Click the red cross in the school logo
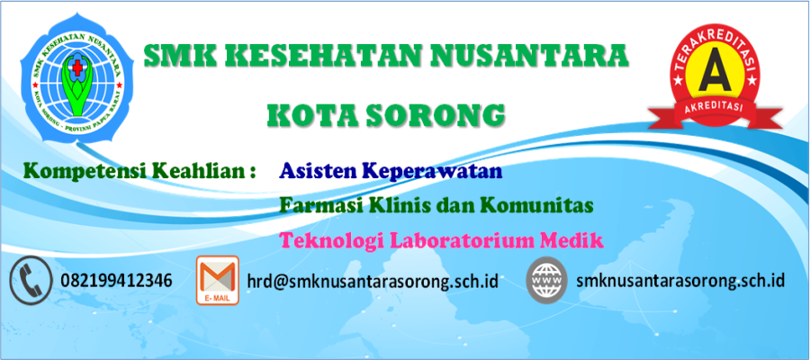(76, 68)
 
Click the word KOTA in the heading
(311, 116)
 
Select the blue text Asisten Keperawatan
(391, 172)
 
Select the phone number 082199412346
(116, 281)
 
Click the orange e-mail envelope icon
(218, 280)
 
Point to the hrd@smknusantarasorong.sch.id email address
(373, 282)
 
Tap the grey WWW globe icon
(546, 280)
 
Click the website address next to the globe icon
(680, 281)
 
